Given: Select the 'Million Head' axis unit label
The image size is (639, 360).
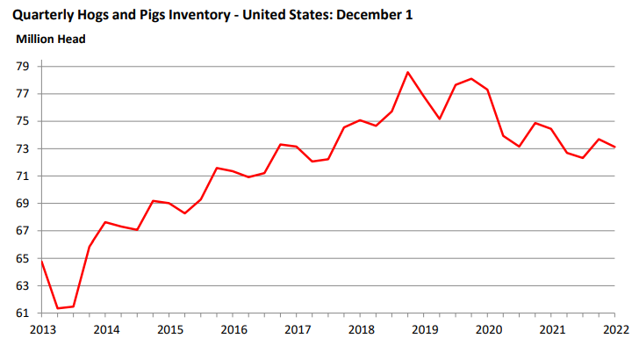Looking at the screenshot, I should click(51, 39).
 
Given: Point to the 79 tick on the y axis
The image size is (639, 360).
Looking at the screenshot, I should click(23, 67).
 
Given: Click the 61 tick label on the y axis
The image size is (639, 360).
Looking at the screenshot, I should click(23, 313).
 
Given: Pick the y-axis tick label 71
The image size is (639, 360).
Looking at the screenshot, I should click(23, 176).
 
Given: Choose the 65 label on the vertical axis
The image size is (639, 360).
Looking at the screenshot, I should click(23, 258).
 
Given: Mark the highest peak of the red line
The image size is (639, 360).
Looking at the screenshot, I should click(408, 72).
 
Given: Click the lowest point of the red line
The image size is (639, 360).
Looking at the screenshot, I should click(58, 308).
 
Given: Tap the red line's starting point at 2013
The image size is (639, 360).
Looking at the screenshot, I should click(42, 261).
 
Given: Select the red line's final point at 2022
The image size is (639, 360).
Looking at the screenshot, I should click(614, 147).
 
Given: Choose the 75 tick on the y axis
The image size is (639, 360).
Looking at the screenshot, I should click(23, 121).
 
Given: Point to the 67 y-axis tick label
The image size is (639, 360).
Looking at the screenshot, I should click(23, 231).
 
